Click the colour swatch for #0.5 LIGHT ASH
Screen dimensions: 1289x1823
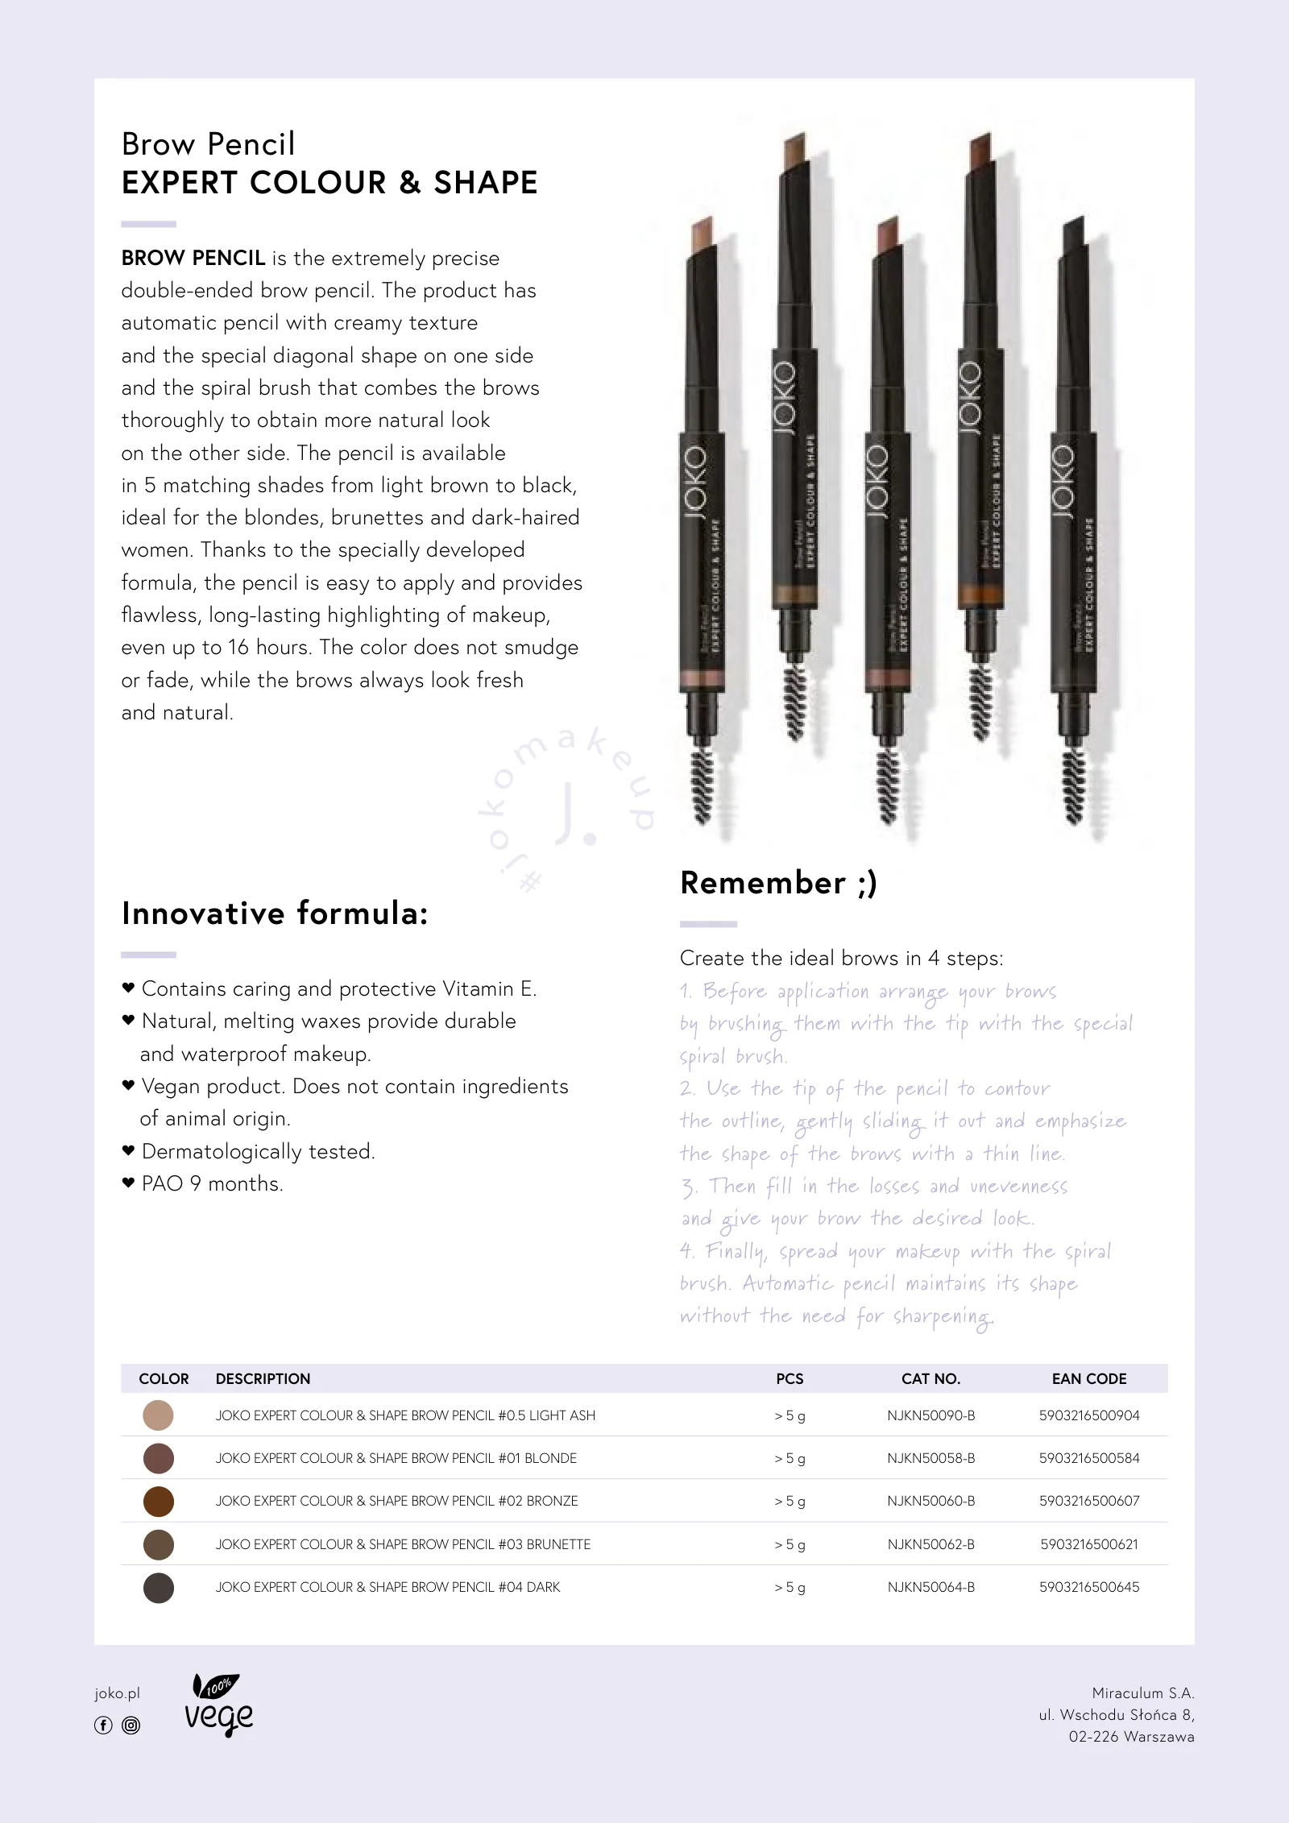point(158,1415)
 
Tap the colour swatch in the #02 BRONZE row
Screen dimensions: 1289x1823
point(158,1502)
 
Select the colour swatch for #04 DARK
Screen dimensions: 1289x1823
point(158,1588)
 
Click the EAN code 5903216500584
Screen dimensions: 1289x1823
point(1089,1458)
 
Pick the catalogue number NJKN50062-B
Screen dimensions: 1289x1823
point(930,1544)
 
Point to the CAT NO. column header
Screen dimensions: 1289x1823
point(930,1379)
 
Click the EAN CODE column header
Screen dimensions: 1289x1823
point(1089,1379)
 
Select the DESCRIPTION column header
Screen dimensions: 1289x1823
point(263,1379)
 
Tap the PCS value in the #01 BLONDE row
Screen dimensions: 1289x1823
point(790,1459)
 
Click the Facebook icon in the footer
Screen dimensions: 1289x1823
point(103,1726)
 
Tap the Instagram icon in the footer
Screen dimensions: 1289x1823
point(131,1726)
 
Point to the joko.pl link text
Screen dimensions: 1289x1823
point(117,1693)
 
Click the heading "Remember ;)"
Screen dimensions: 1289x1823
point(778,883)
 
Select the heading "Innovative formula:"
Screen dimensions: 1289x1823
point(275,914)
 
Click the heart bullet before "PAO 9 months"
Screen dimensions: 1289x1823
point(127,1183)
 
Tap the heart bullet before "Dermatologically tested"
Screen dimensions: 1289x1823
point(127,1150)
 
